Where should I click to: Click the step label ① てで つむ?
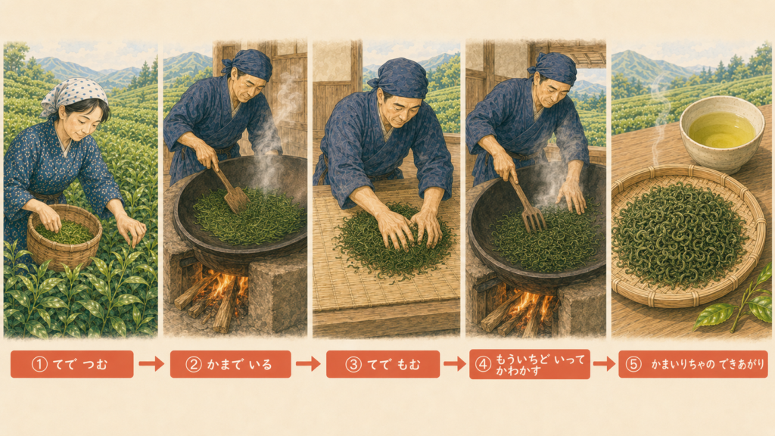[72, 364]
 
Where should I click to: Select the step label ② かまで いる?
[230, 364]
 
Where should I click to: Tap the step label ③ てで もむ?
[382, 364]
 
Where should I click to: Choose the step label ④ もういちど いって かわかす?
[529, 364]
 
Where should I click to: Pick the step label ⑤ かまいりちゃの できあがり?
[693, 364]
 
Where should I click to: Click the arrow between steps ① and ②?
[151, 364]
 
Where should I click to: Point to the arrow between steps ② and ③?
[309, 364]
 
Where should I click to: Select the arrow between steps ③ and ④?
[455, 364]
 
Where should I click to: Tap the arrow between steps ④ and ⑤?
[604, 364]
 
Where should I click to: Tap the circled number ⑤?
[633, 364]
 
